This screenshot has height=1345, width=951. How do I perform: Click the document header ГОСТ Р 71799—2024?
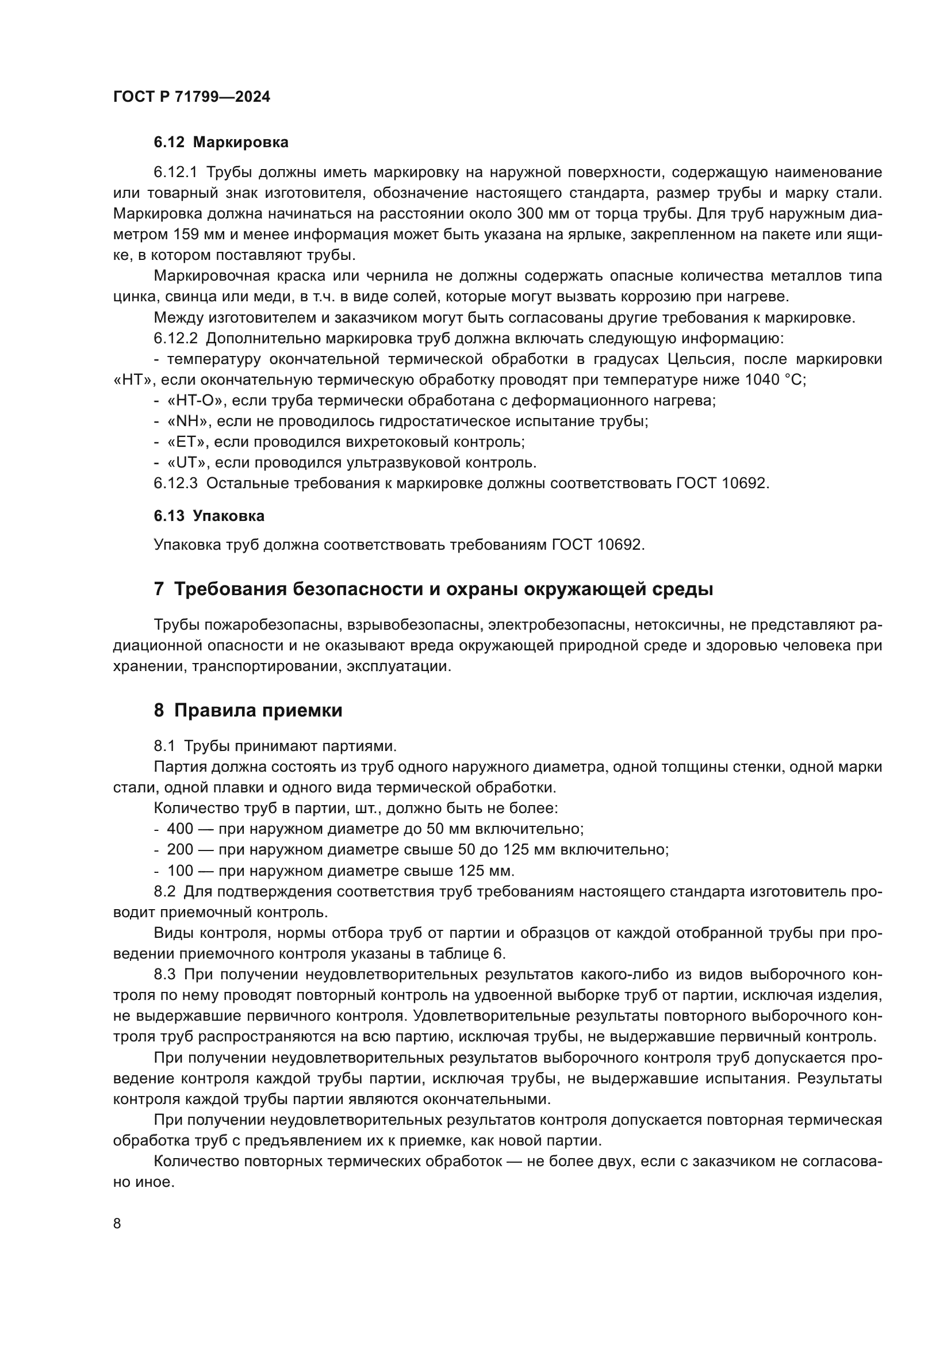(x=191, y=97)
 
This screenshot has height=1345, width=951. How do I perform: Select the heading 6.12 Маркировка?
(x=221, y=143)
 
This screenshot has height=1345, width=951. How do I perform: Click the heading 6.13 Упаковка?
(x=209, y=516)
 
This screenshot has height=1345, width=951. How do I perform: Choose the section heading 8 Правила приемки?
(x=248, y=711)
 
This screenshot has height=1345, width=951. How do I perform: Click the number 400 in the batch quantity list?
(x=180, y=829)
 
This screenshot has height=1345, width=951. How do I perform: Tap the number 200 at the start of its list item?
(x=180, y=849)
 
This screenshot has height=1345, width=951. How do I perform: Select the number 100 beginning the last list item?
(x=180, y=871)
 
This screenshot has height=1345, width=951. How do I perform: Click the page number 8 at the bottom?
(x=117, y=1224)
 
